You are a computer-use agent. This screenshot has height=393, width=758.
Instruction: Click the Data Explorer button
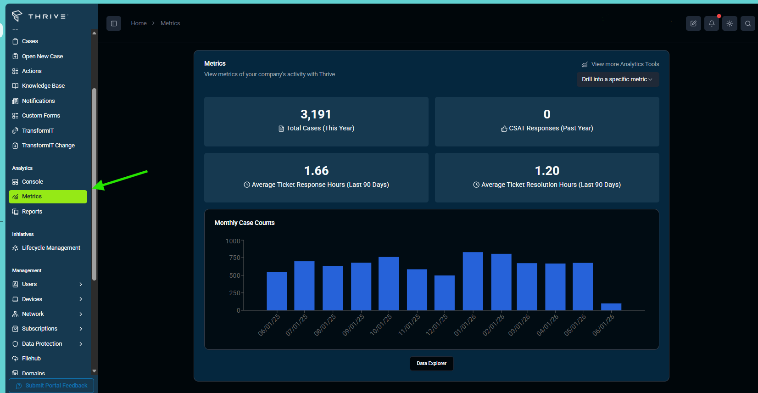(x=431, y=363)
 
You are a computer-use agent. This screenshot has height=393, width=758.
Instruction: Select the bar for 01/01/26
(x=473, y=281)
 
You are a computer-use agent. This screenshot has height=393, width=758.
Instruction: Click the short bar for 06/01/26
(x=611, y=307)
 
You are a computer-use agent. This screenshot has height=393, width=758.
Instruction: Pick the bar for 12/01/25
(x=444, y=293)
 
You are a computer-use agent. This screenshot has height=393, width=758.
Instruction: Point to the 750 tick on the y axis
(x=234, y=258)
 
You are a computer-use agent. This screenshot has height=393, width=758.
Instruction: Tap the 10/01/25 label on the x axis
(x=381, y=325)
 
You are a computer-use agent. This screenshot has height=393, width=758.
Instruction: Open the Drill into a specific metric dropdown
(x=618, y=79)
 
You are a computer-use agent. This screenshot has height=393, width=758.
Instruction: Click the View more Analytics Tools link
(x=620, y=64)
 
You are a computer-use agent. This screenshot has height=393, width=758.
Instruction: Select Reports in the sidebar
(x=32, y=212)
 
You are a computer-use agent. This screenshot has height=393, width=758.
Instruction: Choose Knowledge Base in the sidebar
(x=43, y=86)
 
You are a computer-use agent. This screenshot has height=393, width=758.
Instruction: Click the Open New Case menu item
(x=42, y=56)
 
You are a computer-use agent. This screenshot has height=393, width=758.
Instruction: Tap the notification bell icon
(x=712, y=23)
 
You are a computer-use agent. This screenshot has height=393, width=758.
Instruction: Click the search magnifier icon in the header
(x=748, y=23)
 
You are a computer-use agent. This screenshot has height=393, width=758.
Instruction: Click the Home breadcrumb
(x=139, y=23)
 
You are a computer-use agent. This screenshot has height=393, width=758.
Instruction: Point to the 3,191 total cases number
(x=316, y=114)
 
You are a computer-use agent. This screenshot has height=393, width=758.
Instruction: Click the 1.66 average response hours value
(x=317, y=171)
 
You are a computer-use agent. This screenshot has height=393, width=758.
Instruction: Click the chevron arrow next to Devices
(x=81, y=299)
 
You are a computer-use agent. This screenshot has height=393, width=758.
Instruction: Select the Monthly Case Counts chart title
(x=244, y=223)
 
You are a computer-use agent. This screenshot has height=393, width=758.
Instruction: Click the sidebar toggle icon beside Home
(x=114, y=23)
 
